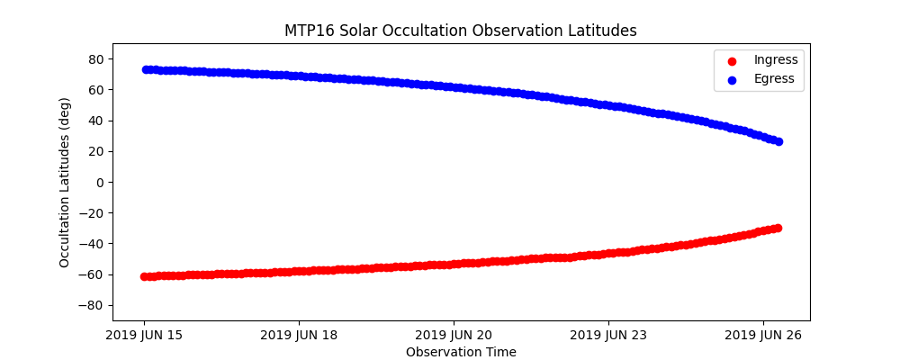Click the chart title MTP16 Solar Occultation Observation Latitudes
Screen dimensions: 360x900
(x=461, y=31)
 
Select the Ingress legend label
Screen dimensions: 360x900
(x=775, y=59)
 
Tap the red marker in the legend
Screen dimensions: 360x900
(x=731, y=60)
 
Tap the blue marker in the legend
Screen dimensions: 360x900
(x=731, y=79)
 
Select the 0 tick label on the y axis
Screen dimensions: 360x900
(x=100, y=182)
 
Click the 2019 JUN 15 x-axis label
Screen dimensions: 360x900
(x=144, y=336)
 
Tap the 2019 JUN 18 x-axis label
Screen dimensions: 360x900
(x=299, y=336)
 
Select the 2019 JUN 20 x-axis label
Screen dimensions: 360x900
(x=454, y=336)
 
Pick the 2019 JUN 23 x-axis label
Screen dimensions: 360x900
(x=608, y=336)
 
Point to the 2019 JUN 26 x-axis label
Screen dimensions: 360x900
(x=763, y=336)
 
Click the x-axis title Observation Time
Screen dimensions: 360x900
(x=461, y=352)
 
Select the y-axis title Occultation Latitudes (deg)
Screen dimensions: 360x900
(x=65, y=182)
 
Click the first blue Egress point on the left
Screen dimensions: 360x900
(x=145, y=69)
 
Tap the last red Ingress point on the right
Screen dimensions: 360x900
(x=778, y=228)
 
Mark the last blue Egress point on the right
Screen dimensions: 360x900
(x=778, y=141)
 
